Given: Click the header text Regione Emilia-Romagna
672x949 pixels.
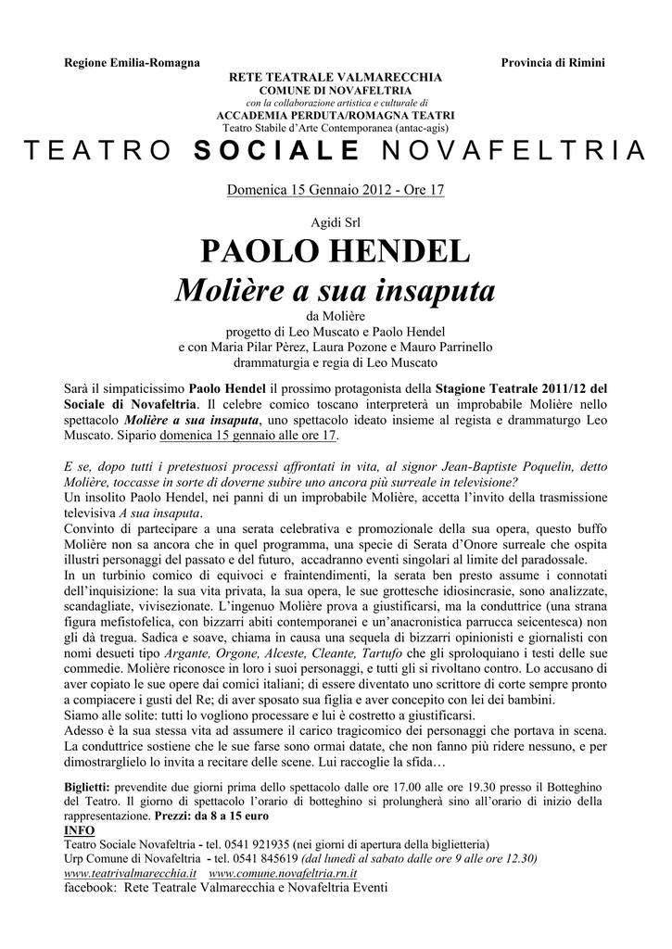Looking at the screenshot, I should coord(131,62).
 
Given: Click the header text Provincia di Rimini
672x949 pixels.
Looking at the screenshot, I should coord(552,62).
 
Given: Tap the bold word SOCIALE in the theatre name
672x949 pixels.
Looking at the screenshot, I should coord(277,151).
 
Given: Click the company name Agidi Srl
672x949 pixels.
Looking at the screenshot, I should coord(336,223).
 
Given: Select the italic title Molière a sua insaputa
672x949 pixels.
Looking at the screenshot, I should coord(336,293).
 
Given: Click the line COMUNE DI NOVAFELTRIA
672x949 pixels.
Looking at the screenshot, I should coord(336,89).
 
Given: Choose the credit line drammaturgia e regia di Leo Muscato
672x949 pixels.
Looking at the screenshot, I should coord(336,362).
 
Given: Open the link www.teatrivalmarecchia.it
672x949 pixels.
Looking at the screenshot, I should coord(130,873).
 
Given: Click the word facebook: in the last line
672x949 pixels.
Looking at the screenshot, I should coord(88,887).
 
